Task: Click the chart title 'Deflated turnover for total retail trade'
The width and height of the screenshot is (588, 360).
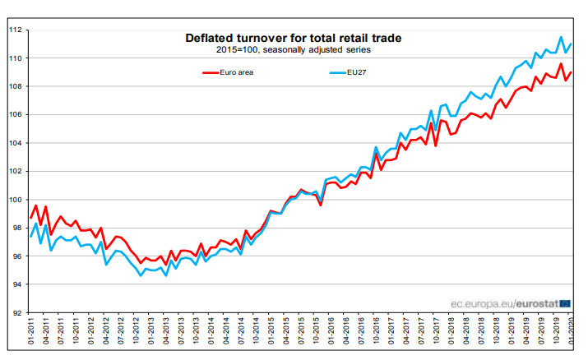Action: point(294,38)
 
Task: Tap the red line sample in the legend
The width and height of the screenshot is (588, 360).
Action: point(215,72)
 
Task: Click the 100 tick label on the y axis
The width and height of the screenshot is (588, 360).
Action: point(16,200)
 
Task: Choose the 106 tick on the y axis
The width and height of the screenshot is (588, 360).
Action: point(16,115)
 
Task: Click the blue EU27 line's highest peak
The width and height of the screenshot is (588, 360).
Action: point(561,37)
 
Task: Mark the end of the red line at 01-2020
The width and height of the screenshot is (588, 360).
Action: point(572,72)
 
